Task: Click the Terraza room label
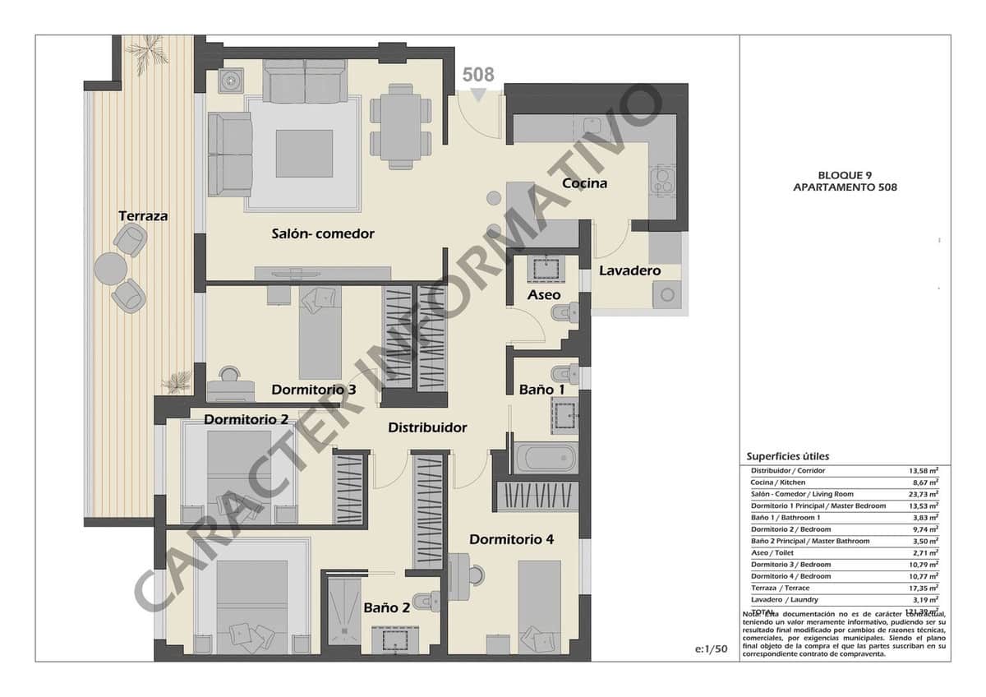[143, 216]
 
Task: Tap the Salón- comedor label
[323, 233]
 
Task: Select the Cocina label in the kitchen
[584, 183]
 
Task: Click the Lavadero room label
[629, 270]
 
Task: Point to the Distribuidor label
[427, 427]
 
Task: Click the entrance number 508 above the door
[478, 75]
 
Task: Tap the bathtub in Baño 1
[546, 458]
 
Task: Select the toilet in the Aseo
[566, 313]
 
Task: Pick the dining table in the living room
[400, 127]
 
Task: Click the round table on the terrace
[110, 268]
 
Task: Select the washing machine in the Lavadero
[666, 293]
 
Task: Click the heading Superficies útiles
[787, 456]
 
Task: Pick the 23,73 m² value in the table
[923, 494]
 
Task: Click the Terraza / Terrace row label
[780, 588]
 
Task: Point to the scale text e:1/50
[711, 649]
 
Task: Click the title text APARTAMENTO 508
[845, 187]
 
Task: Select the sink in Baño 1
[564, 415]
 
